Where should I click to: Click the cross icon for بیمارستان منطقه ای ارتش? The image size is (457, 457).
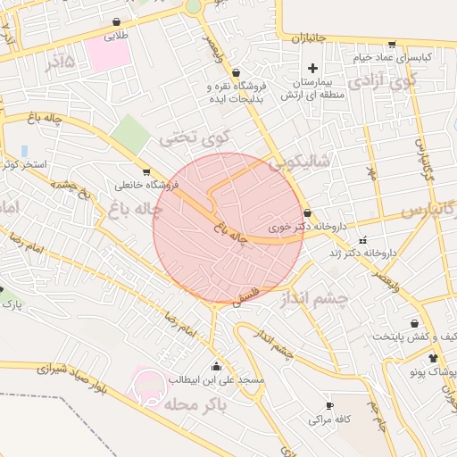[312, 69]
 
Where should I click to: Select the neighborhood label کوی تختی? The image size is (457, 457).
[195, 138]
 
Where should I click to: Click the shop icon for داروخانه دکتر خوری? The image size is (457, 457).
[308, 213]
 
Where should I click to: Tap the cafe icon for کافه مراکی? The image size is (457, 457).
[330, 404]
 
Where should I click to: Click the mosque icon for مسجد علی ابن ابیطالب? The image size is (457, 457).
[216, 366]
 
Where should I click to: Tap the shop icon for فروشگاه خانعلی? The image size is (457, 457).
[146, 172]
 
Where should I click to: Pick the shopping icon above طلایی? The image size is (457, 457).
[117, 22]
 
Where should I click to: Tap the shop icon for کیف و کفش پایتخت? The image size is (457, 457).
[414, 323]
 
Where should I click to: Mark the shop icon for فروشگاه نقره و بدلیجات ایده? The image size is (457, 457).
[236, 73]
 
